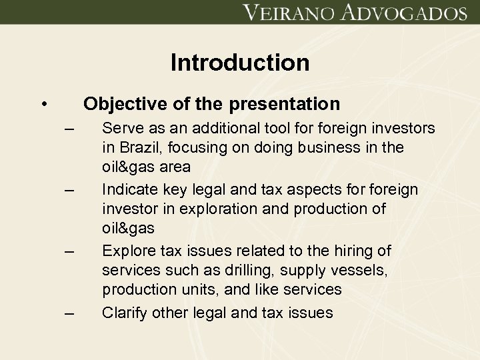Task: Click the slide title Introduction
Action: pyautogui.click(x=240, y=63)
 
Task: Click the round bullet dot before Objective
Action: pyautogui.click(x=43, y=105)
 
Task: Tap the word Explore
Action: pyautogui.click(x=126, y=251)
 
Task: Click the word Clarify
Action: pyautogui.click(x=123, y=313)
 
